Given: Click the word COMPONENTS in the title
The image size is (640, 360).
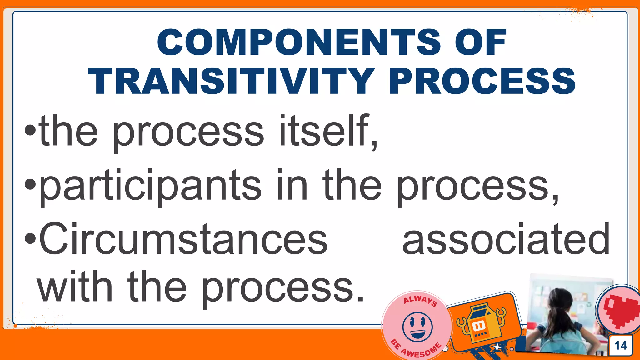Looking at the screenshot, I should pos(298,42).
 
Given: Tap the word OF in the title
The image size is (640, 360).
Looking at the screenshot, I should pos(480,42).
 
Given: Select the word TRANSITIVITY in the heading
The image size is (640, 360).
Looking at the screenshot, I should pos(231,81).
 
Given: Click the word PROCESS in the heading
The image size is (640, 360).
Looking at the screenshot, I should pos(482,81).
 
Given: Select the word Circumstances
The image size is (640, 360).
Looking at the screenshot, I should pos(183,239).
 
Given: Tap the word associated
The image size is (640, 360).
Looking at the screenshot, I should pos(506,239).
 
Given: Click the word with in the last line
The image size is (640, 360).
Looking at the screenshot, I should pos(75,287).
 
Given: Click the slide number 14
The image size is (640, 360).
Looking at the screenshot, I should pos(621,346).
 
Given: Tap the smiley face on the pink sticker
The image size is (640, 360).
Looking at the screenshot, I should pos(417,327).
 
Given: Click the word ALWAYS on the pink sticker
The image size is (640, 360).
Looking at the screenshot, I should pos(420,300).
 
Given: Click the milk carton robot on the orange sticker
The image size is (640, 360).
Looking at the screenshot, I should pos(480,323).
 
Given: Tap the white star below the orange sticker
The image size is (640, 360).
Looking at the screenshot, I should pos(497,347).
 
